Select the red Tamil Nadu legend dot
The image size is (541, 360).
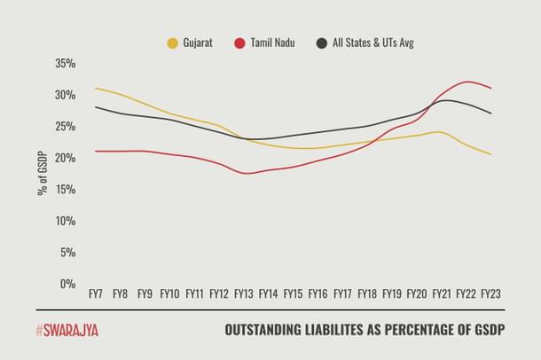point(240,43)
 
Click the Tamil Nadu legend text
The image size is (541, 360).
point(272,43)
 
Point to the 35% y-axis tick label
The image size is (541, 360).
point(66,64)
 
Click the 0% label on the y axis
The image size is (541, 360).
point(69,284)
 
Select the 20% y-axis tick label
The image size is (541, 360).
point(66,158)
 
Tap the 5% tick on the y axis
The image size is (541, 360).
point(69,253)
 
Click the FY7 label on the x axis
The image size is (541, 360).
point(96,293)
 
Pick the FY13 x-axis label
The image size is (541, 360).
point(244,293)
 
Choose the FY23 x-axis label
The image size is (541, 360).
point(491,293)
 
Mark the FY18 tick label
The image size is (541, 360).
point(367,293)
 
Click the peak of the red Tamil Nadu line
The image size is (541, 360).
point(467,82)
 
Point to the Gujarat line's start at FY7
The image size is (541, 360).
point(95,88)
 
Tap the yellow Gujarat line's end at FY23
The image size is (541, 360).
point(491,154)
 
